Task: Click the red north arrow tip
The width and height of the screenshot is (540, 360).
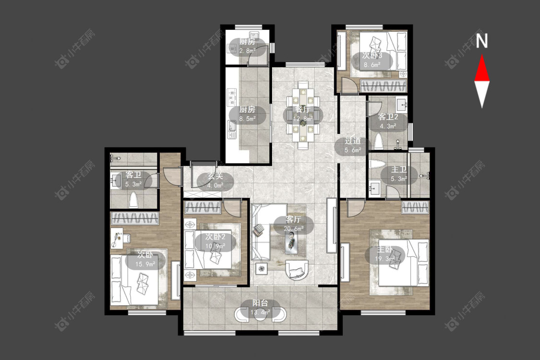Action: click(482, 55)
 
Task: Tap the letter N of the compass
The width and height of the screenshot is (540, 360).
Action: click(482, 41)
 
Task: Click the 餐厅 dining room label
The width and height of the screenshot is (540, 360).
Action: click(303, 110)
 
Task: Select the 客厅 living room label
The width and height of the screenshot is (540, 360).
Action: click(293, 219)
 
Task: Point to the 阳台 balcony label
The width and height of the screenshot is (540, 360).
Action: click(260, 303)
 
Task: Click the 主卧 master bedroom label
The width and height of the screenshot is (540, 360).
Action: click(384, 249)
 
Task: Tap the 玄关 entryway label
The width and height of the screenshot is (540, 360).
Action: click(215, 176)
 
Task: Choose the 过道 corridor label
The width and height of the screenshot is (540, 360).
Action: click(353, 141)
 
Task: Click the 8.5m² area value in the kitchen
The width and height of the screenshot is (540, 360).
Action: click(247, 119)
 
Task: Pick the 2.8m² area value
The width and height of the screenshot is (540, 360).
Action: click(247, 51)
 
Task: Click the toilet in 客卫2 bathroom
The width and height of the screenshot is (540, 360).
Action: click(379, 142)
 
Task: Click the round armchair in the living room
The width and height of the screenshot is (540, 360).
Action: click(297, 269)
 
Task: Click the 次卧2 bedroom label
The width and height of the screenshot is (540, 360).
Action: click(215, 237)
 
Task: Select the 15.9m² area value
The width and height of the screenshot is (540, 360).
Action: click(145, 264)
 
